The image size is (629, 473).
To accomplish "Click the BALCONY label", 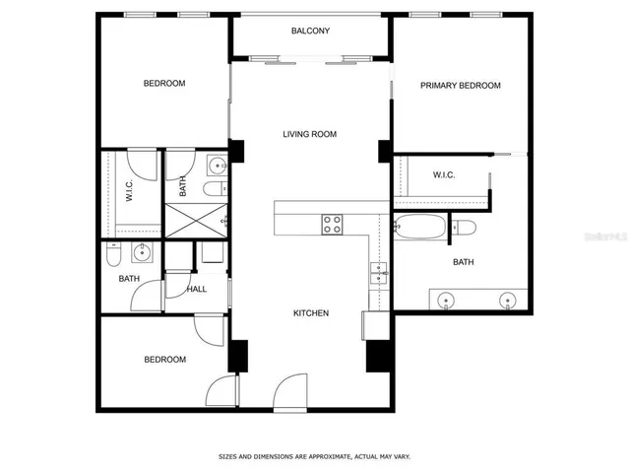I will pyautogui.click(x=310, y=32).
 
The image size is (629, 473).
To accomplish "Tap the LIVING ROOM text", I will pyautogui.click(x=310, y=134).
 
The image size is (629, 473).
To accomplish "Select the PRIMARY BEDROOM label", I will pyautogui.click(x=460, y=86).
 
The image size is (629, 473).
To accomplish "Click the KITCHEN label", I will pyautogui.click(x=310, y=313).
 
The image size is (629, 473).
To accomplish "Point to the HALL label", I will pyautogui.click(x=197, y=289).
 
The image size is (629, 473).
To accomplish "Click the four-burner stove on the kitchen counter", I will pyautogui.click(x=332, y=225).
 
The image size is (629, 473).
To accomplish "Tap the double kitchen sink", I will pyautogui.click(x=378, y=273).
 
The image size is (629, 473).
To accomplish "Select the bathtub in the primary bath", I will pyautogui.click(x=419, y=229).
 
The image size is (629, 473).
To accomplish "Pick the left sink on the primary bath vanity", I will pyautogui.click(x=448, y=300).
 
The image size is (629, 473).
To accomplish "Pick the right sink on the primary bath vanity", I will pyautogui.click(x=508, y=300).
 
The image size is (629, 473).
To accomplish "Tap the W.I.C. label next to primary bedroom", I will pyautogui.click(x=443, y=175).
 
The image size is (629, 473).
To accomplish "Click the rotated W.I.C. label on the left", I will pyautogui.click(x=129, y=192).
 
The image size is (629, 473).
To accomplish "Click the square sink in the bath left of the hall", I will pyautogui.click(x=144, y=253).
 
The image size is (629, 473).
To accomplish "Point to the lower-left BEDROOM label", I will pyautogui.click(x=164, y=360).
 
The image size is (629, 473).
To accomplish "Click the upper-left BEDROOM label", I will pyautogui.click(x=164, y=84).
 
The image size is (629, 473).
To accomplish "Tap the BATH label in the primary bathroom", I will pyautogui.click(x=463, y=262).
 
